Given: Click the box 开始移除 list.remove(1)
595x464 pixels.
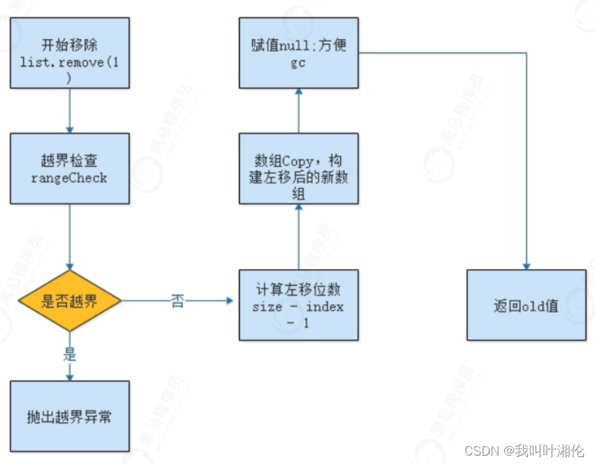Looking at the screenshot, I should click(69, 54).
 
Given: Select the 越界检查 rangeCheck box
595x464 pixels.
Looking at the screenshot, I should click(69, 168).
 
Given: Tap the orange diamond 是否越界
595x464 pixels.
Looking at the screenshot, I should click(69, 301).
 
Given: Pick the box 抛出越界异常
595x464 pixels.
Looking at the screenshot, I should click(69, 416).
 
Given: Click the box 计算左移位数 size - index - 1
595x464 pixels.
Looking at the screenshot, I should click(298, 305).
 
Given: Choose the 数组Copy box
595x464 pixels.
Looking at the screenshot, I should click(298, 168).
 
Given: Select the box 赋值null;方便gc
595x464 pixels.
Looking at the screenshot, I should click(298, 54).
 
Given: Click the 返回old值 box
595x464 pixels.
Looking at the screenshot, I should click(526, 305).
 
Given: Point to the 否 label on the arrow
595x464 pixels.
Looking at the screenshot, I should click(177, 302).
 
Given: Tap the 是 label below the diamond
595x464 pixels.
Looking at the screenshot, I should click(70, 355).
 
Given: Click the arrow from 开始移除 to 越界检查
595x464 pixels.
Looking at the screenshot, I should click(69, 110).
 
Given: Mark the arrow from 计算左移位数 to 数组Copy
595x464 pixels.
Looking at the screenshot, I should click(298, 236).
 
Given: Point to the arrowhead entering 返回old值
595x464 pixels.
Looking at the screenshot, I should click(526, 266).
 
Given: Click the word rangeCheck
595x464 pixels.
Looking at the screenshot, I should click(69, 177).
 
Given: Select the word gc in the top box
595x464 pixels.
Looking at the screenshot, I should click(298, 63).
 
